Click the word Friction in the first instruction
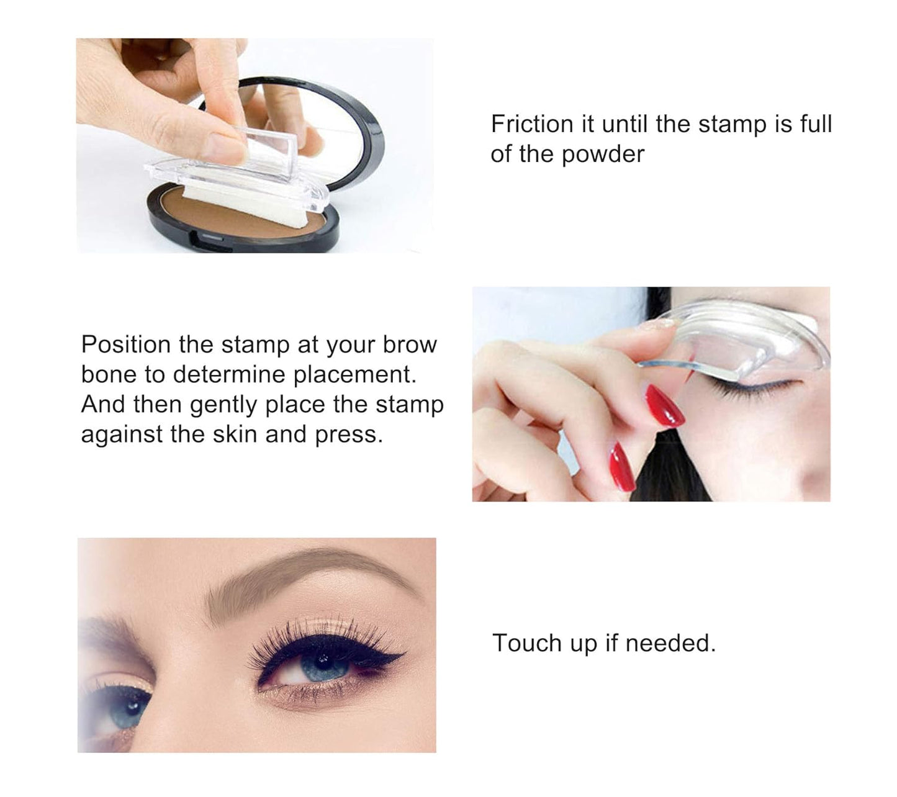point(531,124)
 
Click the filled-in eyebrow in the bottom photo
point(298,574)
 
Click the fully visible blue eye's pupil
point(323,659)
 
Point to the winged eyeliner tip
point(404,654)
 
